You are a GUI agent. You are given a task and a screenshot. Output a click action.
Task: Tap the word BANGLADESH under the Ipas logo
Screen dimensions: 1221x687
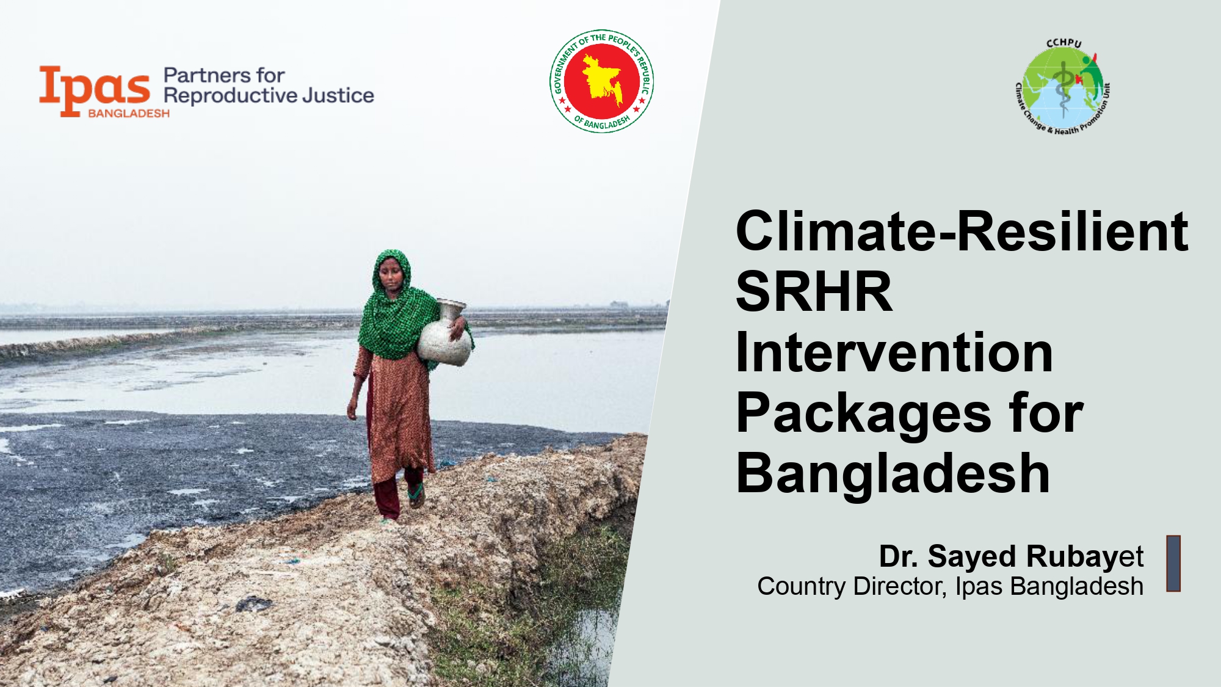tap(129, 114)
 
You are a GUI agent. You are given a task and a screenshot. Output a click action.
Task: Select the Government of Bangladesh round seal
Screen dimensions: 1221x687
tap(601, 81)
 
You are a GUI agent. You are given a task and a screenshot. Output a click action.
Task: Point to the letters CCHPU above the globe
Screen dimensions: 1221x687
tap(1064, 43)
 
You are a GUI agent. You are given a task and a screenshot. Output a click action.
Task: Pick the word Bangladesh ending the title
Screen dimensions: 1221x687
tap(893, 474)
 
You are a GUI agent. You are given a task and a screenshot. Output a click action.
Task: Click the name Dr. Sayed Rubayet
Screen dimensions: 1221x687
tap(1011, 557)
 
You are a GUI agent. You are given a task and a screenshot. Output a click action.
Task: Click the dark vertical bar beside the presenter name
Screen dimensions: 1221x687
tap(1173, 563)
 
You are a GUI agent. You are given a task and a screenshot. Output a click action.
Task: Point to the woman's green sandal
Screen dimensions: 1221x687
tap(417, 495)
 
